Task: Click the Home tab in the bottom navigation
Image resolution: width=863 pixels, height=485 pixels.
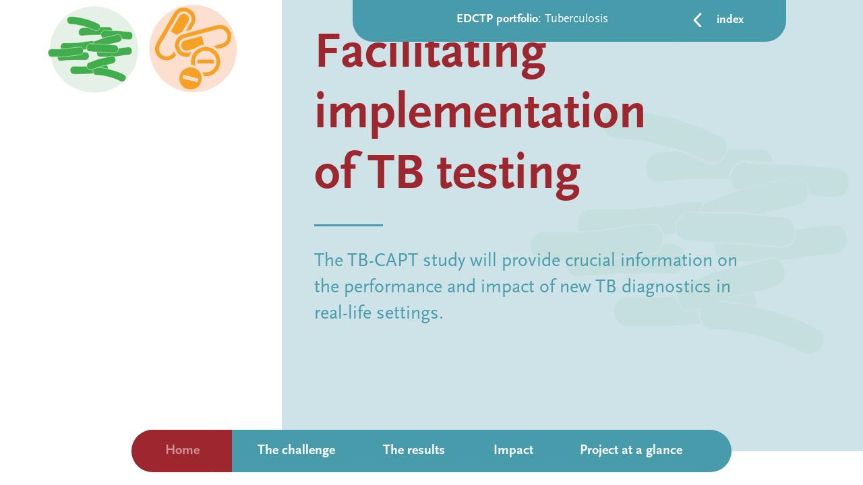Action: (182, 450)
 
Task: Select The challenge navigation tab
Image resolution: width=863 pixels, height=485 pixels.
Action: (296, 450)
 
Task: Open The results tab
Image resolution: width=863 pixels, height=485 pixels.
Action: (413, 450)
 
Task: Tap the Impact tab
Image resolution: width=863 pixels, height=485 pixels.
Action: (513, 450)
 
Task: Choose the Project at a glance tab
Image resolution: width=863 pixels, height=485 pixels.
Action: (630, 450)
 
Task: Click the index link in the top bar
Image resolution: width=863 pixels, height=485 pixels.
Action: (730, 20)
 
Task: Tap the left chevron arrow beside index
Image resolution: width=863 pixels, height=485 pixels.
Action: (698, 20)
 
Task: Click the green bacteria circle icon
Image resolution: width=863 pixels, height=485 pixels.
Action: (93, 49)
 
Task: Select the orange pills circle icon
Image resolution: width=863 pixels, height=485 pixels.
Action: (193, 48)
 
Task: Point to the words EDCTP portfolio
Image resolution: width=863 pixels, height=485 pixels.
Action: (498, 19)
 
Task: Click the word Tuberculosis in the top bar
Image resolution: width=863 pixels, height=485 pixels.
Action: (576, 19)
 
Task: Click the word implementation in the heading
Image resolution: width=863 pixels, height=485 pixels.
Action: (479, 112)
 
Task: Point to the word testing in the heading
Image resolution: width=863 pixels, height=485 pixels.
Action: (508, 172)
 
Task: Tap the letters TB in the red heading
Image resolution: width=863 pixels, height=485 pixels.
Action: (395, 172)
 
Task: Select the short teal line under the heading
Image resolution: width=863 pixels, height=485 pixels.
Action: (348, 225)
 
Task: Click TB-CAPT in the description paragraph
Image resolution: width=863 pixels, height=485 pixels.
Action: (382, 261)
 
